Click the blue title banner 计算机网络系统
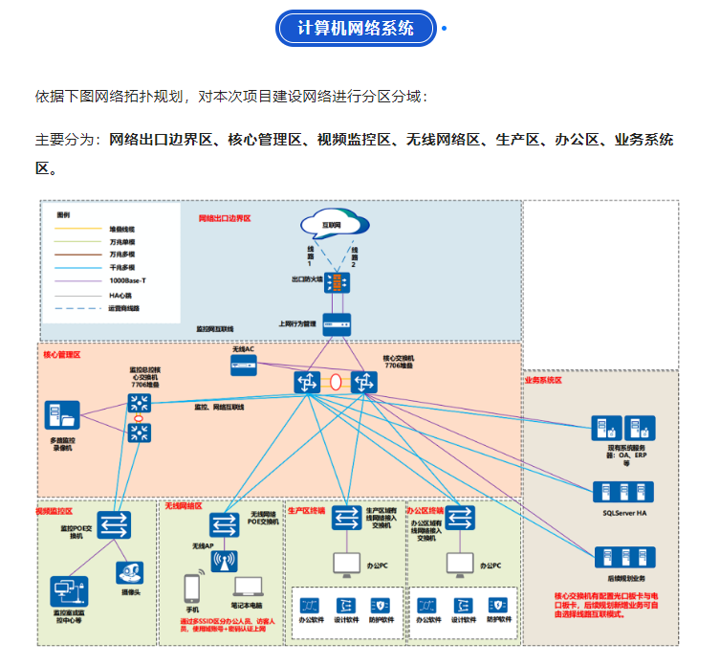[x=356, y=28]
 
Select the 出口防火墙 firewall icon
[x=336, y=283]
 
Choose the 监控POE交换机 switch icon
[x=113, y=524]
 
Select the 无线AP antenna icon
[x=225, y=560]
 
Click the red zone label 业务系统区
[x=542, y=380]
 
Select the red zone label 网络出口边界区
[x=225, y=218]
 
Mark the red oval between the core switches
[x=336, y=382]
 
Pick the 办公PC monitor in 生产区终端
[x=345, y=565]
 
